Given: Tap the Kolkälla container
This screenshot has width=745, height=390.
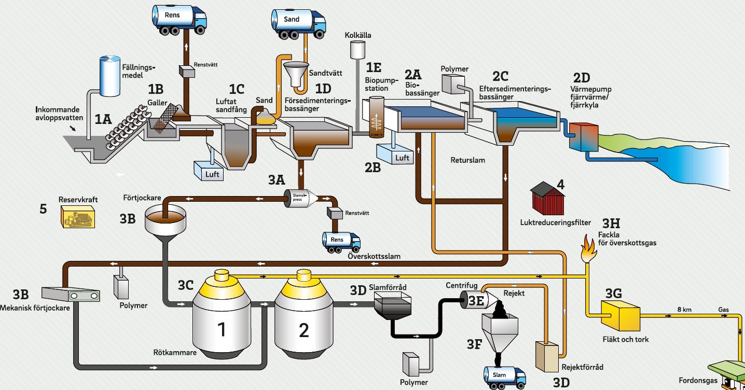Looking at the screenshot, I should [357, 50].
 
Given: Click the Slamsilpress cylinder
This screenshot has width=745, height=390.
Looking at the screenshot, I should [300, 197].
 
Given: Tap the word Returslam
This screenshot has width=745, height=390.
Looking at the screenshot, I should [468, 160].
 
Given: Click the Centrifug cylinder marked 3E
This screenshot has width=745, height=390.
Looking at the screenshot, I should [472, 300].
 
